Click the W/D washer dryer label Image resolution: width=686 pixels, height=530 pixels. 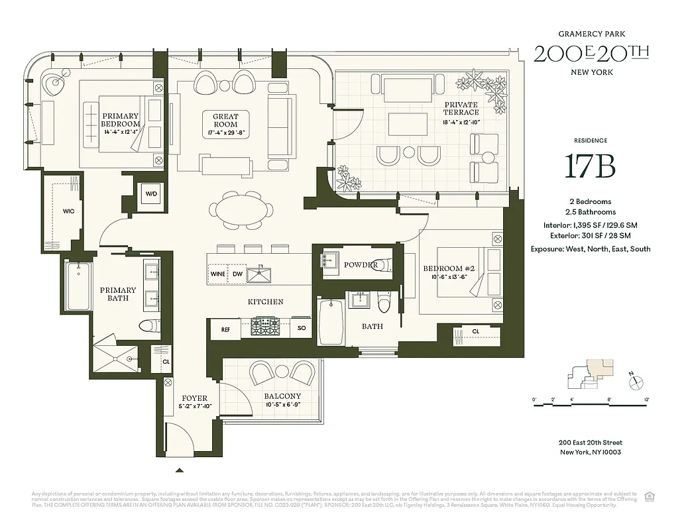151,194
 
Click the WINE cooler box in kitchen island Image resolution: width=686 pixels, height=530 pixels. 217,274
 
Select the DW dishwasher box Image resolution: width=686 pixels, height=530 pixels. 237,274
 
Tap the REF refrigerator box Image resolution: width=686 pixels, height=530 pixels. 225,329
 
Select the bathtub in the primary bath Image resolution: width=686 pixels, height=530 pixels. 79,286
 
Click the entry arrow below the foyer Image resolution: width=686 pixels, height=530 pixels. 180,470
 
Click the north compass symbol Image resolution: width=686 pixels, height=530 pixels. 636,380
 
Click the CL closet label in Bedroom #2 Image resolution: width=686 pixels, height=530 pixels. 476,331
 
